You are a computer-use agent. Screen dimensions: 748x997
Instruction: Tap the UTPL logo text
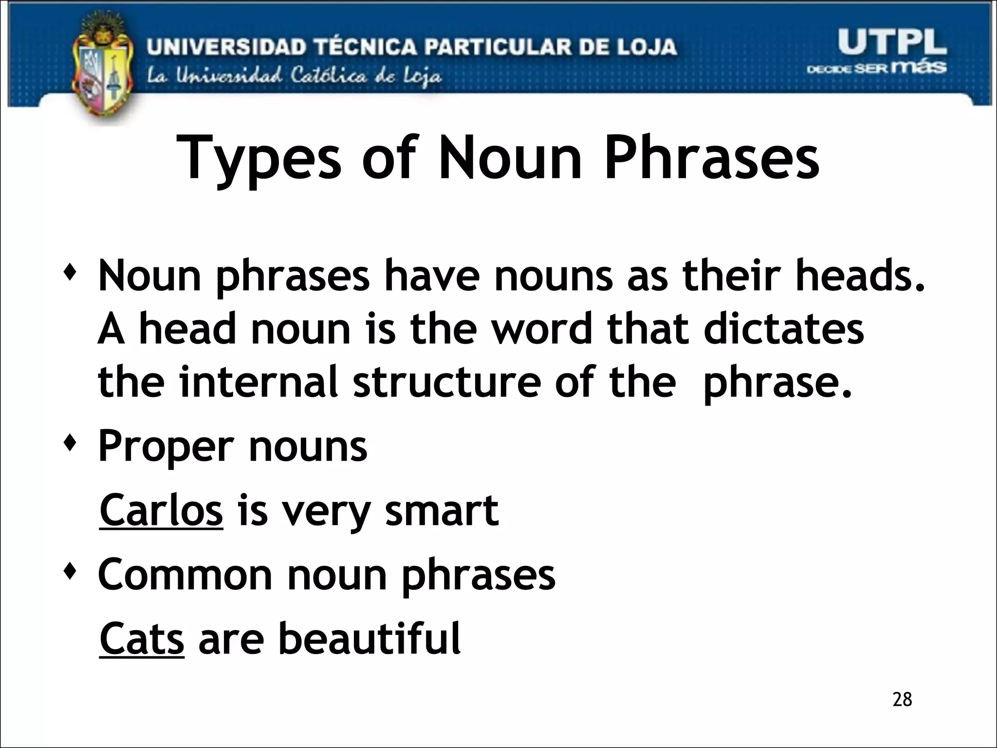click(x=892, y=43)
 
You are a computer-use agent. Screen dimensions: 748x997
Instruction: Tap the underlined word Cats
click(x=142, y=638)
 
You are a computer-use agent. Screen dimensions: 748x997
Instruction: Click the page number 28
click(x=902, y=699)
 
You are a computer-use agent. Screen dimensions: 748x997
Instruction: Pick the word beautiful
click(x=369, y=638)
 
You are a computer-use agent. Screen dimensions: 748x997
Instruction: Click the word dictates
click(x=784, y=329)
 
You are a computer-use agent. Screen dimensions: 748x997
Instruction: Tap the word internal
click(x=258, y=381)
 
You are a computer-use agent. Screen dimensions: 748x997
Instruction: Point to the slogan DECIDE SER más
click(x=876, y=68)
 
